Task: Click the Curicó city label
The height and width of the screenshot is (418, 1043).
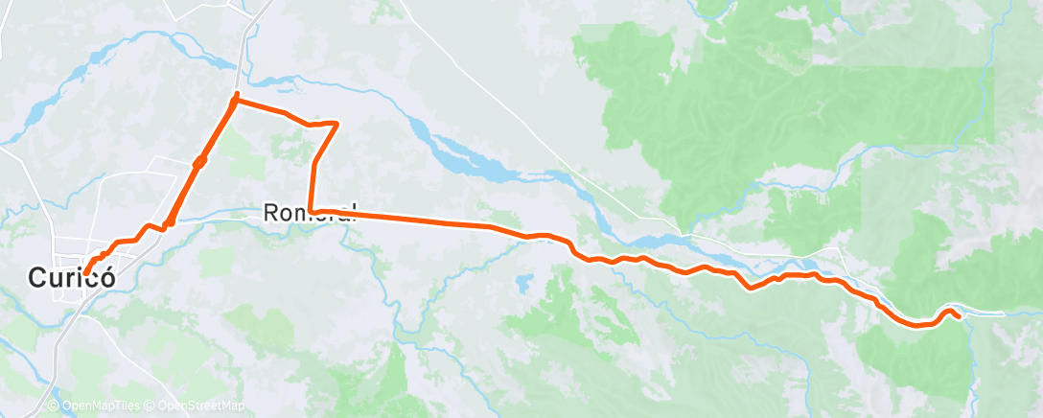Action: pyautogui.click(x=71, y=279)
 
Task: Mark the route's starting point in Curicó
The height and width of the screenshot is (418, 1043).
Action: pyautogui.click(x=86, y=272)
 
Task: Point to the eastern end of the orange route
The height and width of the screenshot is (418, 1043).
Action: pyautogui.click(x=959, y=317)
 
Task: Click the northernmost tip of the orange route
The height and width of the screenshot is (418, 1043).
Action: pyautogui.click(x=236, y=96)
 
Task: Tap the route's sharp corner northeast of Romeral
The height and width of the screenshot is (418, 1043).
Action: pyautogui.click(x=336, y=123)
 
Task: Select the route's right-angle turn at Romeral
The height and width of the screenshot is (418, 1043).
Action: pyautogui.click(x=313, y=210)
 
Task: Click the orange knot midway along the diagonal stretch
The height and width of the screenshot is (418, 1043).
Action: pyautogui.click(x=199, y=163)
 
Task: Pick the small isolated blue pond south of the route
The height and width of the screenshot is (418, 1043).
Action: pyautogui.click(x=522, y=284)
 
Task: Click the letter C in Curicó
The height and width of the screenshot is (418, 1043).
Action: pyautogui.click(x=37, y=279)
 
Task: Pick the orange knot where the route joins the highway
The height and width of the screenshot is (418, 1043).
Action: pyautogui.click(x=167, y=224)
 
